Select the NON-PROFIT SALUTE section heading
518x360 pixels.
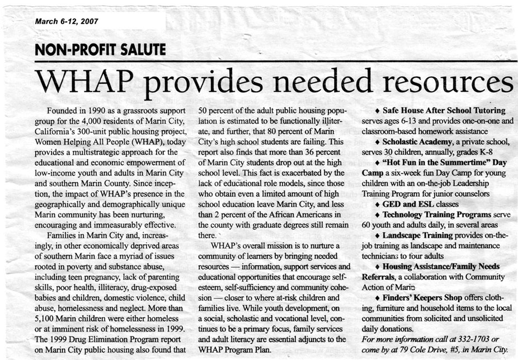point(100,49)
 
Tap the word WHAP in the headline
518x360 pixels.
point(84,83)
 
